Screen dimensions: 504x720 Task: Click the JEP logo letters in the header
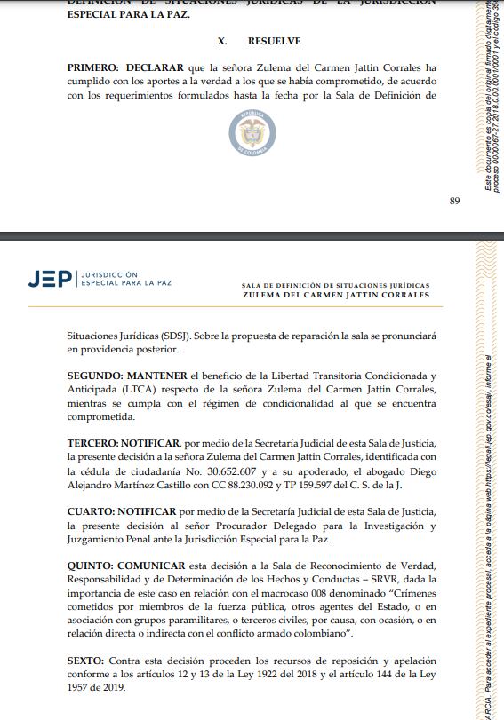tap(51, 279)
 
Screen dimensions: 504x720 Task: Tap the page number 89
tap(454, 201)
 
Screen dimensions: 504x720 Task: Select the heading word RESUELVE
tap(274, 41)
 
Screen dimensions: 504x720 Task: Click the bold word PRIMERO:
tap(93, 67)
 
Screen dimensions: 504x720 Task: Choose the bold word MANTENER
tap(161, 375)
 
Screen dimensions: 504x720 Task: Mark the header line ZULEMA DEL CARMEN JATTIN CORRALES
tap(335, 295)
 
